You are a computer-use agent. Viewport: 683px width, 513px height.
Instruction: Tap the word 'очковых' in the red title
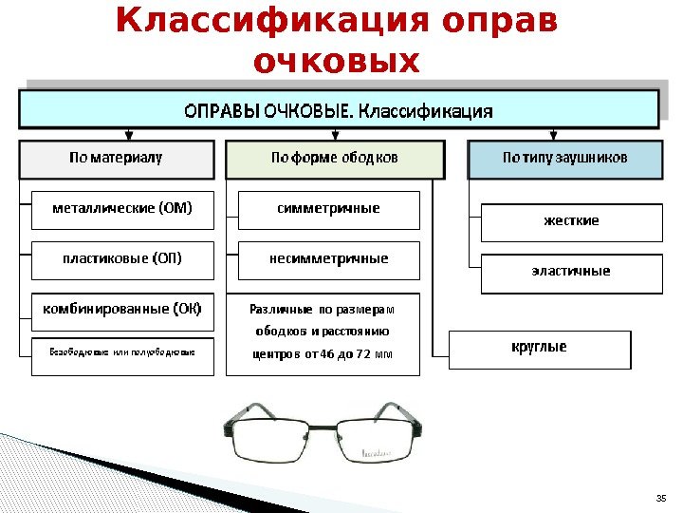[x=338, y=61]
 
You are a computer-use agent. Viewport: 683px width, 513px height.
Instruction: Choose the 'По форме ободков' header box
[x=334, y=160]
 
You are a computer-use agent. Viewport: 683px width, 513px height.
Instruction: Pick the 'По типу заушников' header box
[x=564, y=160]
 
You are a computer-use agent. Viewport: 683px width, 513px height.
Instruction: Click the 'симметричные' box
[x=328, y=210]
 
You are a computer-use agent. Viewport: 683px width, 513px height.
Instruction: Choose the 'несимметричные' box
[x=328, y=259]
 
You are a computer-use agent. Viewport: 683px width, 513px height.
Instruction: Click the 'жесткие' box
[x=571, y=221]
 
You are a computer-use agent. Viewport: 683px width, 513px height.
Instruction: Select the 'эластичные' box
[x=571, y=273]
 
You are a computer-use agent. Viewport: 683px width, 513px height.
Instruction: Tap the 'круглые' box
[x=540, y=349]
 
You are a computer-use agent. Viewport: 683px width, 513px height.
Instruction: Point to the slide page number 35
[x=662, y=498]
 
